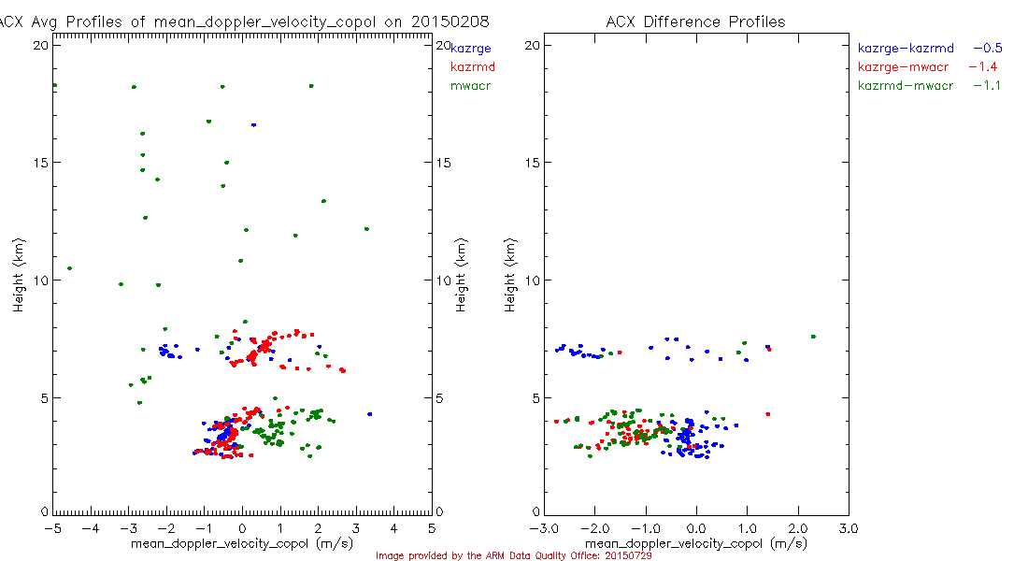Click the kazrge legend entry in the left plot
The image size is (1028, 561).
coord(471,48)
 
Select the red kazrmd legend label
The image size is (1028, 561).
coord(472,67)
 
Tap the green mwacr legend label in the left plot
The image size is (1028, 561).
coord(470,86)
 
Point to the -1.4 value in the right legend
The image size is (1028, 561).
coord(980,67)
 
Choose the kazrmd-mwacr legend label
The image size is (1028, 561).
coord(905,86)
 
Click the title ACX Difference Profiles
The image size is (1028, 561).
coord(695,22)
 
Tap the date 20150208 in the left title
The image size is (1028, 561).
coord(450,22)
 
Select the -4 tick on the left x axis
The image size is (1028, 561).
coord(91,527)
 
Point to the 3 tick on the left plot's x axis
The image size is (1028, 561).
coord(356,527)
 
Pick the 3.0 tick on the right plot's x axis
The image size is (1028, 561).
coord(848,527)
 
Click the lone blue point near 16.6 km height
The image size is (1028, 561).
coord(253,124)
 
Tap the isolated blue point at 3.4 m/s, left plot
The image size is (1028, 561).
coord(369,413)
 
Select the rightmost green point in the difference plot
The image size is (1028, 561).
coord(813,337)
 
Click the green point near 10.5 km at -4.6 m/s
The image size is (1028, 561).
coord(69,268)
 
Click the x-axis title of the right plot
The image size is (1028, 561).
coord(696,543)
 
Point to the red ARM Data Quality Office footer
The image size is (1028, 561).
coord(513,555)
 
